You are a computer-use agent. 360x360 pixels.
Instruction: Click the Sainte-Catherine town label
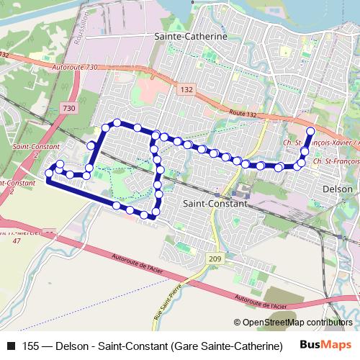(191, 35)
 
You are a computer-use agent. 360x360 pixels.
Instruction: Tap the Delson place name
(338, 189)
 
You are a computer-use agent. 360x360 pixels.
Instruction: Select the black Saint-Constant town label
(215, 204)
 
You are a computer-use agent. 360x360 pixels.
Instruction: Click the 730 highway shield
(68, 108)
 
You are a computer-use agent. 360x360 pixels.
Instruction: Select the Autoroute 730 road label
(75, 67)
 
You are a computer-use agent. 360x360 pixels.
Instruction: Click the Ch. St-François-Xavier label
(320, 143)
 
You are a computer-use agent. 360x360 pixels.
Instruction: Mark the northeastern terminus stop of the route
(310, 131)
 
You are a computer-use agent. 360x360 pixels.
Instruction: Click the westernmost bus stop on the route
(49, 173)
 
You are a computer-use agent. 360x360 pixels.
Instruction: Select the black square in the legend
(10, 346)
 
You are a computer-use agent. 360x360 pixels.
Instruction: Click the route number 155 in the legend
(30, 346)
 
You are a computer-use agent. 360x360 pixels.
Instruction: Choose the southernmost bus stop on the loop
(144, 215)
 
